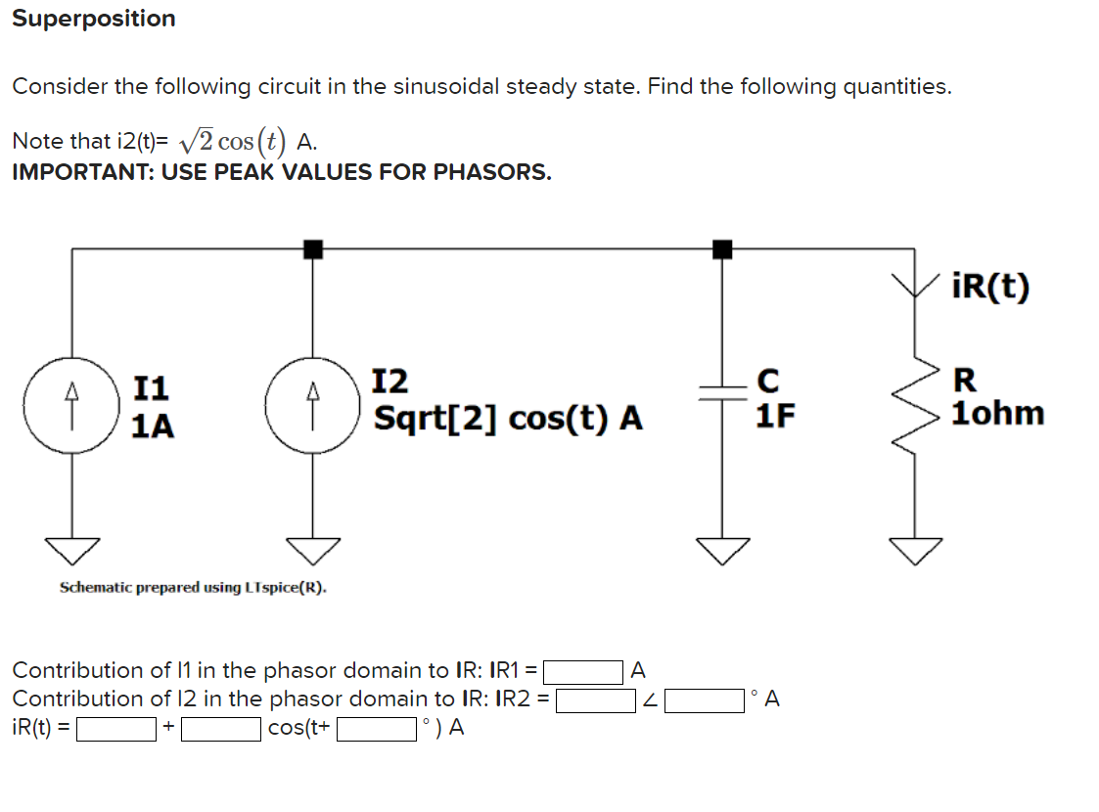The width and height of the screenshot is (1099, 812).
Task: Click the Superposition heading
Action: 94,19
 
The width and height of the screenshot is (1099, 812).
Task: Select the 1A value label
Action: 153,427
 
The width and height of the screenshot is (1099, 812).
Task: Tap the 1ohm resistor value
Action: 997,414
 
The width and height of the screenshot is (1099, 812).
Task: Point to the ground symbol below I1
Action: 70,552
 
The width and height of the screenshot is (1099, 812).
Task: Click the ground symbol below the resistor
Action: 916,552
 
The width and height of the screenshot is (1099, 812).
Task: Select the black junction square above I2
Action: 312,249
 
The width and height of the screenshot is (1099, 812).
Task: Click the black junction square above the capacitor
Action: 722,249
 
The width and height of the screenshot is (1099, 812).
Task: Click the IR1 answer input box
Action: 583,672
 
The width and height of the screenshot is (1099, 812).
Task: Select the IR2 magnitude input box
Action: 596,700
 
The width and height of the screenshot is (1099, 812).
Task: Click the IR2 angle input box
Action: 704,700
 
